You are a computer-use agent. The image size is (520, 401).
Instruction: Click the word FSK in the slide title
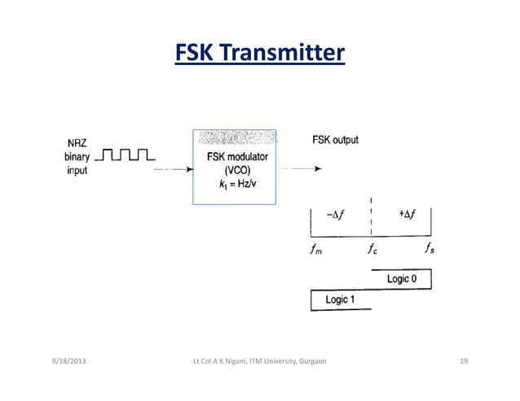tap(194, 54)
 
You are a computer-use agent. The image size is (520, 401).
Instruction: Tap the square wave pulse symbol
tap(127, 154)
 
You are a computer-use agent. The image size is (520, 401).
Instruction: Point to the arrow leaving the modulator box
tap(301, 169)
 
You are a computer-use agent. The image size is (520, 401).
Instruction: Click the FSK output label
tap(335, 139)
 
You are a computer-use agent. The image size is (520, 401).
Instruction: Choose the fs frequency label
tap(429, 250)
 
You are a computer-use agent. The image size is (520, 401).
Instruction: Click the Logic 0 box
tap(401, 280)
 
